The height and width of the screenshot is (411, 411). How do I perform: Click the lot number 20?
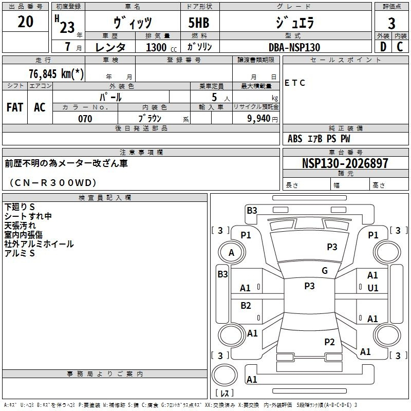tap(25, 22)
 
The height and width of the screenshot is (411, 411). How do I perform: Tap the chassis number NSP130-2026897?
tap(345, 163)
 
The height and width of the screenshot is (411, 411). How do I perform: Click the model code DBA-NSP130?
tap(294, 47)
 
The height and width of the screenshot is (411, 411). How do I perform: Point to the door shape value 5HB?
tap(199, 23)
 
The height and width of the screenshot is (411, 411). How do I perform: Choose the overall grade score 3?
tap(391, 24)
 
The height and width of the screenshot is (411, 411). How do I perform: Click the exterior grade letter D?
tap(383, 47)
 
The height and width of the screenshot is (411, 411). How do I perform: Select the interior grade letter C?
tap(400, 47)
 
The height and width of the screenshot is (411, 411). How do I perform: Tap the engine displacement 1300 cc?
tap(161, 47)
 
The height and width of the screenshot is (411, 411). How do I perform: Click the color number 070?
tap(85, 119)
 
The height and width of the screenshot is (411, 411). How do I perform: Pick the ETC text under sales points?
tap(295, 83)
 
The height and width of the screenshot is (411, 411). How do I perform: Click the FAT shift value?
tap(15, 107)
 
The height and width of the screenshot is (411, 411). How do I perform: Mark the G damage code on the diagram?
tap(325, 270)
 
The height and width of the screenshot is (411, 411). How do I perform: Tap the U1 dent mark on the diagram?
tap(373, 288)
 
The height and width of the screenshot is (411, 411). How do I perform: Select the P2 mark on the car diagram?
tap(329, 342)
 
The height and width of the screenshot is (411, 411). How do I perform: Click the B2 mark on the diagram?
tap(246, 306)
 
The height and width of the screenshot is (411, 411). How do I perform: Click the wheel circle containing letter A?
tap(232, 252)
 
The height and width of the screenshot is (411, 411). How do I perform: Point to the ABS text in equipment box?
tap(295, 139)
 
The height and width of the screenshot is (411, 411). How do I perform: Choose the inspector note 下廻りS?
tap(20, 207)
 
